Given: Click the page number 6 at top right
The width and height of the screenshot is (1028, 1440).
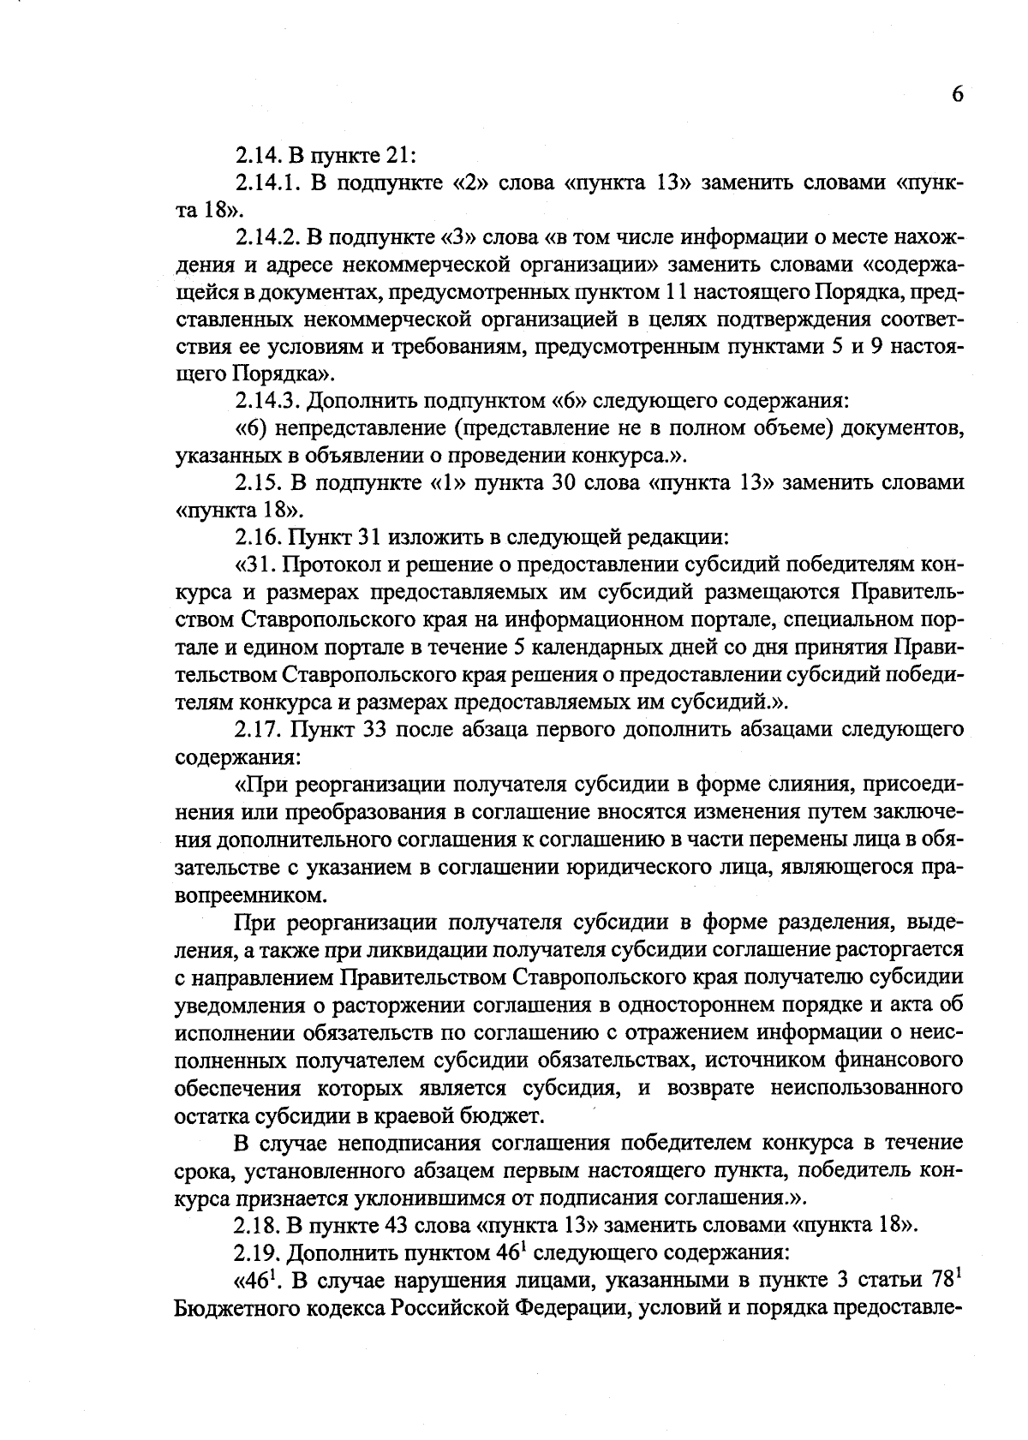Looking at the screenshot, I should [x=957, y=94].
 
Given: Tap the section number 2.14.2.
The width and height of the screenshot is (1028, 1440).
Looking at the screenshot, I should [x=266, y=236].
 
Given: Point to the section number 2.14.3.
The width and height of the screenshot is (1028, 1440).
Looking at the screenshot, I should [x=266, y=400].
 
